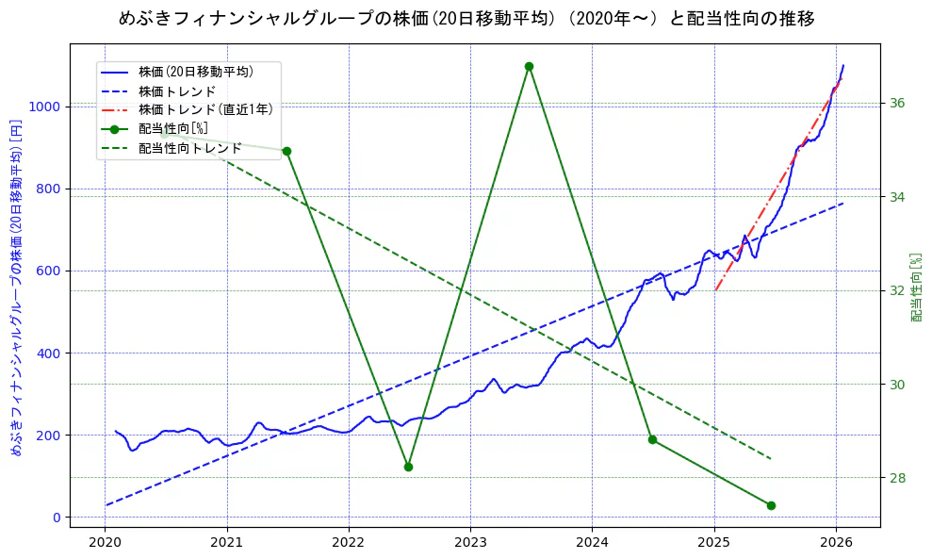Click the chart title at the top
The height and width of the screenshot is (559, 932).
(466, 18)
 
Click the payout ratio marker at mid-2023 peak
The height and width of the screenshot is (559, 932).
(529, 66)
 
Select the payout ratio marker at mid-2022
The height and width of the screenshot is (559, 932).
(408, 467)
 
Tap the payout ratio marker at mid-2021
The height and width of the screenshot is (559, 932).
(286, 151)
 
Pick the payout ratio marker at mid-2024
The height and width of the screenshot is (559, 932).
(652, 439)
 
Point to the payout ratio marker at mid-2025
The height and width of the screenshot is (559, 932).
(771, 505)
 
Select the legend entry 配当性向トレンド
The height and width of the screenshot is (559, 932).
(189, 148)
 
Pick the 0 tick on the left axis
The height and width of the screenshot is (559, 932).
(57, 518)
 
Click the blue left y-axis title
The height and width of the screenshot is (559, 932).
(16, 288)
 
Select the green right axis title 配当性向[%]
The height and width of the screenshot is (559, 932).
(915, 288)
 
